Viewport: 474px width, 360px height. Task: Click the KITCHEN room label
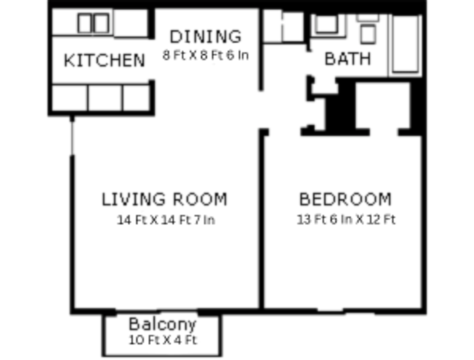pyautogui.click(x=104, y=61)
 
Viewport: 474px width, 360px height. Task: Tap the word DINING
pyautogui.click(x=205, y=37)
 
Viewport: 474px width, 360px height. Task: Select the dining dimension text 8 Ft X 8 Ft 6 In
pyautogui.click(x=205, y=55)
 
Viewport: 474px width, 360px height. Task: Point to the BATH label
pyautogui.click(x=348, y=59)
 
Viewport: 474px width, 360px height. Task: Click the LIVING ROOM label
pyautogui.click(x=164, y=199)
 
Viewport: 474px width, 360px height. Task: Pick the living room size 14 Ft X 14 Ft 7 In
pyautogui.click(x=166, y=220)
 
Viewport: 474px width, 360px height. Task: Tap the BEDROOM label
pyautogui.click(x=345, y=199)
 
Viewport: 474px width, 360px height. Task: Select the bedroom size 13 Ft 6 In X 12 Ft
pyautogui.click(x=346, y=220)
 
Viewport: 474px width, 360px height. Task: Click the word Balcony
pyautogui.click(x=162, y=324)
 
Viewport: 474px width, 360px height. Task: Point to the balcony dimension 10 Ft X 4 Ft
pyautogui.click(x=163, y=340)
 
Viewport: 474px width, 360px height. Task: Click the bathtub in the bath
pyautogui.click(x=405, y=43)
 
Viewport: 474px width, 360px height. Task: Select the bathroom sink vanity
pyautogui.click(x=327, y=24)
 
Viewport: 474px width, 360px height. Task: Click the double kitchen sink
pyautogui.click(x=93, y=23)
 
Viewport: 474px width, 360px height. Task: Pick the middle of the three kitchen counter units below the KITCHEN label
pyautogui.click(x=105, y=97)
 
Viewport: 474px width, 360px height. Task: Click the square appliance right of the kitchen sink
pyautogui.click(x=131, y=23)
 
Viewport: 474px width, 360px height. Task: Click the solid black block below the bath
pyautogui.click(x=340, y=107)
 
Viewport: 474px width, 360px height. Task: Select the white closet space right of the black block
pyautogui.click(x=383, y=106)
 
